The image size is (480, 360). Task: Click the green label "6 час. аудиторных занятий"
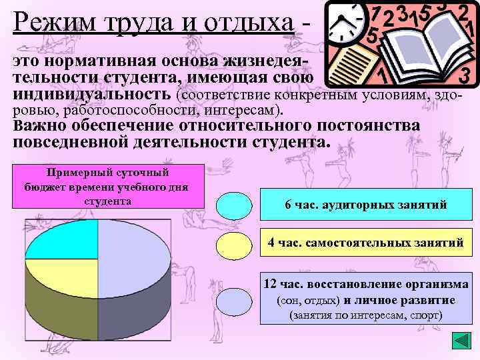click(x=365, y=205)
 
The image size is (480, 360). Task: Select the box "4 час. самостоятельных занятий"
click(x=365, y=243)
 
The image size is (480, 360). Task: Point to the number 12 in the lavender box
click(x=270, y=284)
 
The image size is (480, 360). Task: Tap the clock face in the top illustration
click(x=341, y=23)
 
